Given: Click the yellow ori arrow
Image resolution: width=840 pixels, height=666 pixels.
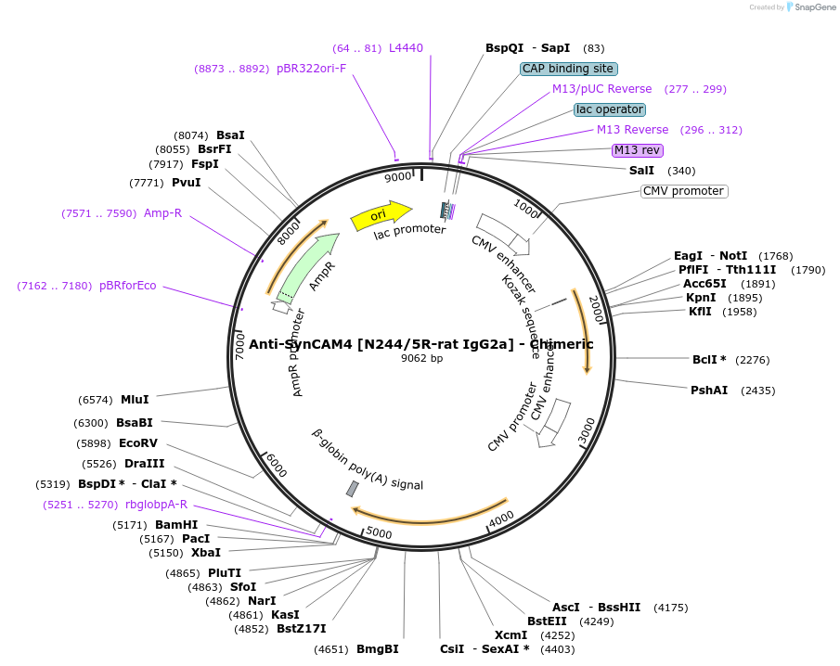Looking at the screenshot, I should (x=381, y=216).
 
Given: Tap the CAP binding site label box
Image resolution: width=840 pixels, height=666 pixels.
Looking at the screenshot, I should (x=569, y=69).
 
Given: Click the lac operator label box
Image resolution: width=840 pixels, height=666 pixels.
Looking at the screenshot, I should (x=610, y=109).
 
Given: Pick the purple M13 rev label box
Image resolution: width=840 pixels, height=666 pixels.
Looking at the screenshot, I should (x=637, y=150).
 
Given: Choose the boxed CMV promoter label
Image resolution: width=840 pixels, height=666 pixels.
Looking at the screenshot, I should (x=684, y=191).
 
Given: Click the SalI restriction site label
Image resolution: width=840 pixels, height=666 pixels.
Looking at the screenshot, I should (x=641, y=171).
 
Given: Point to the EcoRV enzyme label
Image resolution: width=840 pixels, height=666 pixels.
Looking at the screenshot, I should (x=138, y=443).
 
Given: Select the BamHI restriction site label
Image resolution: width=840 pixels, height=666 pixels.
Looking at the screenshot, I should (x=176, y=525).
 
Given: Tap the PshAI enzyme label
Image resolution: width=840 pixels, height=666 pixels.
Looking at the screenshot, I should (x=709, y=391).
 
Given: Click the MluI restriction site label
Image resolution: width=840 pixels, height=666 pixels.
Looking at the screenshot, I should (x=135, y=400).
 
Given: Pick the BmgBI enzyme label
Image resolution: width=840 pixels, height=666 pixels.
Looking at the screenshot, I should (x=377, y=649).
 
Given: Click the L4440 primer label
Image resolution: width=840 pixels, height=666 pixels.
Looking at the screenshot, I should (x=406, y=48).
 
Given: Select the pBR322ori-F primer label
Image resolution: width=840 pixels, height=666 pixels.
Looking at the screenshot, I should (x=311, y=69).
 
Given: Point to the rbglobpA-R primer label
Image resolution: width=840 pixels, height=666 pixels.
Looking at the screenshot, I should (x=155, y=505).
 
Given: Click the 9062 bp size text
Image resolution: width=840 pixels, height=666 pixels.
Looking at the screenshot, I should (x=421, y=358).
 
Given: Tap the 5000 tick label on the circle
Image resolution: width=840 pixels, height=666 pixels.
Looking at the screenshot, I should (x=379, y=532).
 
